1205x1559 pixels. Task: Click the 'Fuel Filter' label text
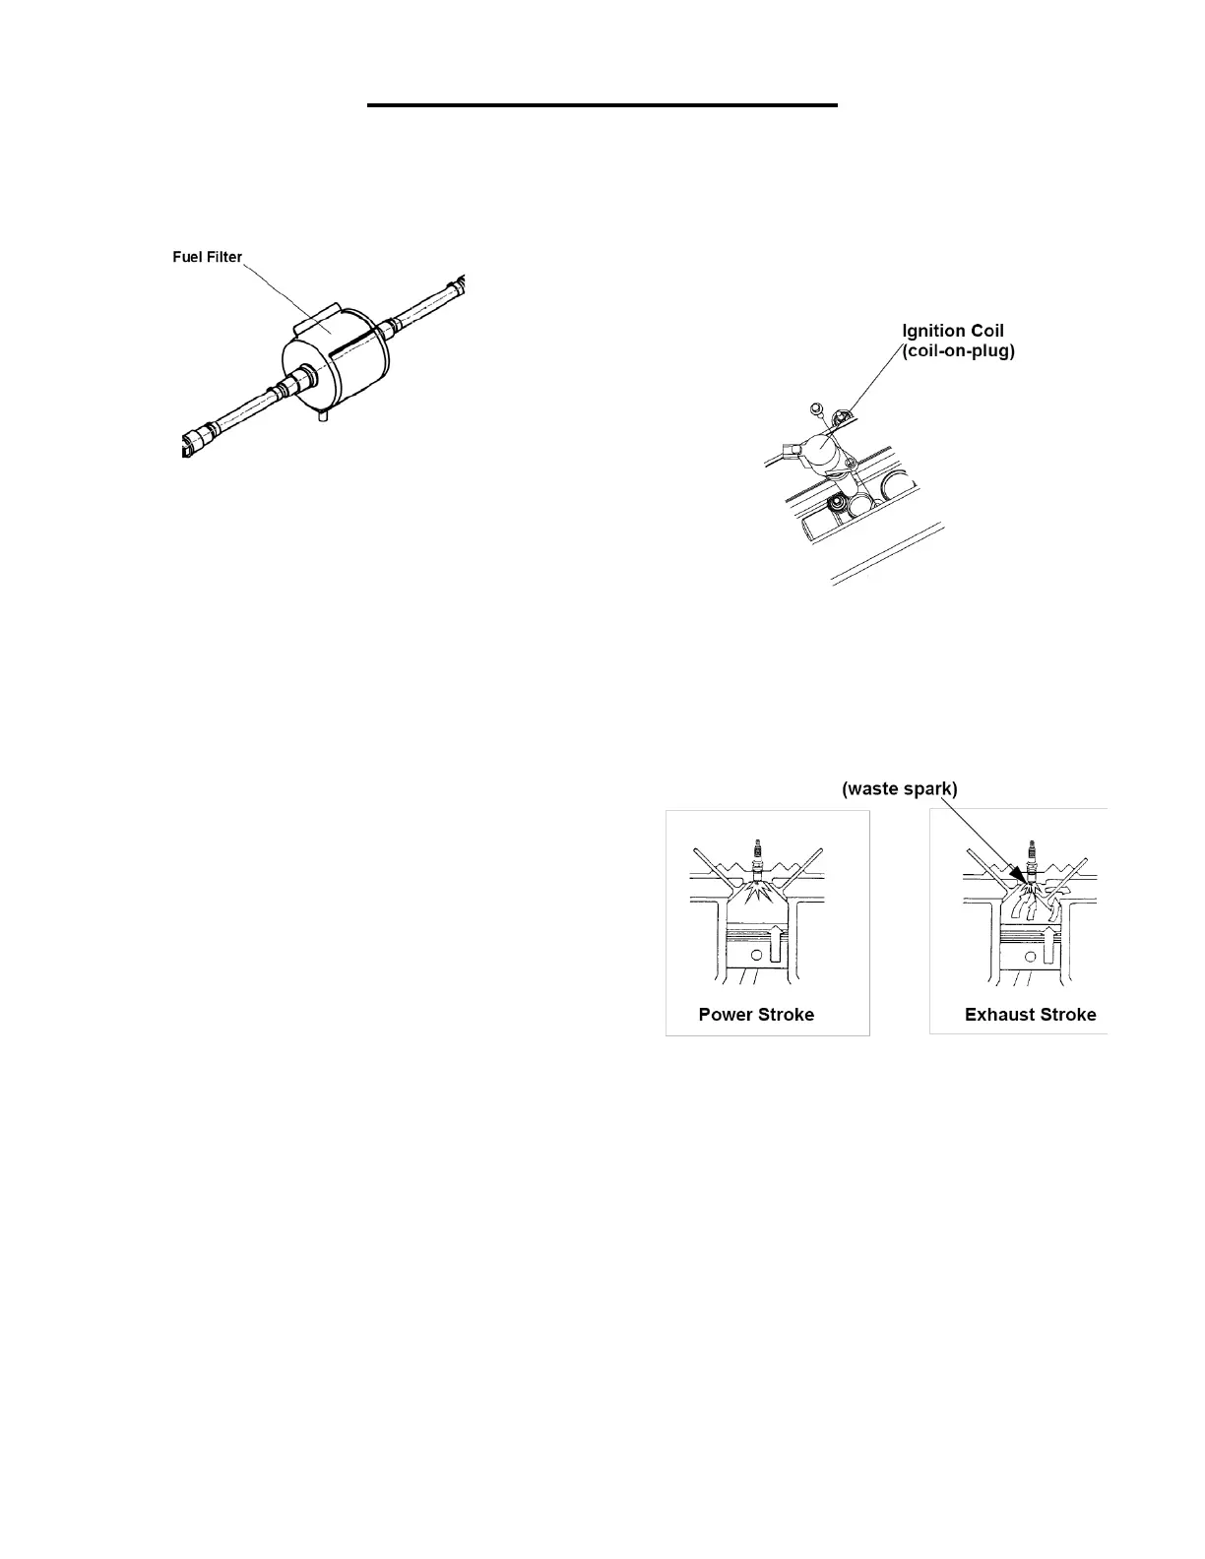[207, 257]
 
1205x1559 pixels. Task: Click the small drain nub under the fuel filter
[321, 417]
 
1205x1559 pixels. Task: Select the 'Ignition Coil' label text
[953, 331]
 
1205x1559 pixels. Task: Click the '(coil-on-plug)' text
[958, 350]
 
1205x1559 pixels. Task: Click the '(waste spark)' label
[900, 788]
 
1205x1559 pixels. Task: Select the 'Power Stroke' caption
[756, 1014]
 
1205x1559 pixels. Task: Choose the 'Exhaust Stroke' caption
[1030, 1014]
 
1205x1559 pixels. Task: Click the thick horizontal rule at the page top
[602, 104]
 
